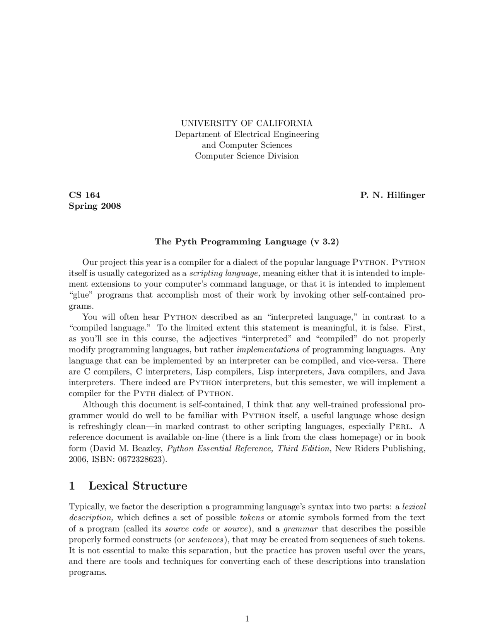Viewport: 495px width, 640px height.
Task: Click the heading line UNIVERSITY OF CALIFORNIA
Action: click(x=247, y=123)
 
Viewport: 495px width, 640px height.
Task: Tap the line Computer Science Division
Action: click(x=247, y=156)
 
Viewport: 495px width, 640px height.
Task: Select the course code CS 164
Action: click(x=84, y=195)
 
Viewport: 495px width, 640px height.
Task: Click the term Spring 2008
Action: click(x=95, y=206)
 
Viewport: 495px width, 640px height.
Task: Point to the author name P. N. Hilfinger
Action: click(x=393, y=195)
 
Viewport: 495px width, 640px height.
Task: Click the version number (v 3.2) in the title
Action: click(x=324, y=242)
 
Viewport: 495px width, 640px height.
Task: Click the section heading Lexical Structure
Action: click(x=138, y=486)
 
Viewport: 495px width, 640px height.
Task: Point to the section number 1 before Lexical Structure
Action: click(x=72, y=486)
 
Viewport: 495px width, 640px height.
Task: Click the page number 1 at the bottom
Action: click(x=247, y=619)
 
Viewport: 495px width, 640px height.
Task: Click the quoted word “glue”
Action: click(x=80, y=295)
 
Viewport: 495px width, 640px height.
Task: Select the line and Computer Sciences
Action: click(x=247, y=145)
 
